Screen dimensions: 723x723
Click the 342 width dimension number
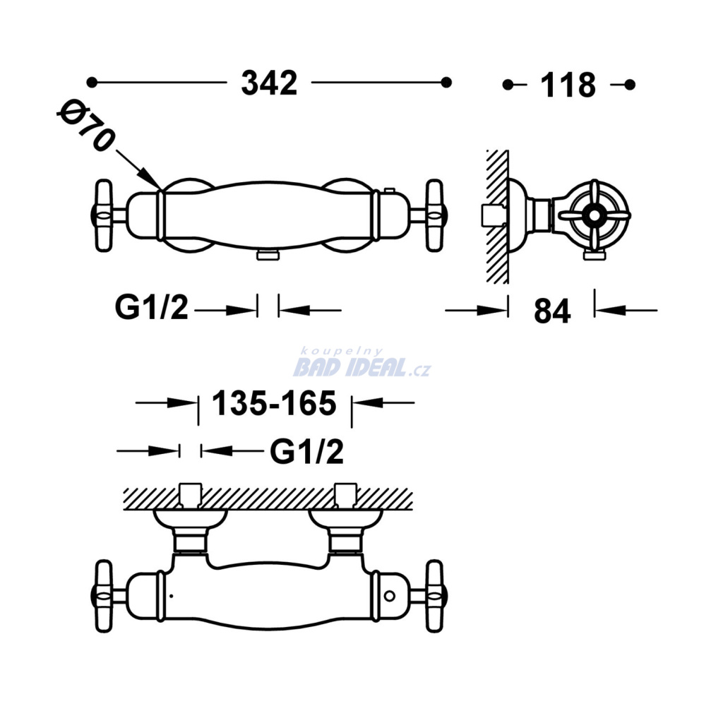[269, 83]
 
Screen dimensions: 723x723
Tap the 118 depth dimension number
[568, 85]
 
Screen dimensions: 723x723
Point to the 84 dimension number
[552, 311]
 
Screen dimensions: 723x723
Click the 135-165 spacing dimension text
[274, 403]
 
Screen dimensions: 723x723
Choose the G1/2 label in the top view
[152, 308]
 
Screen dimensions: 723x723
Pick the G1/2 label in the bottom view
[306, 451]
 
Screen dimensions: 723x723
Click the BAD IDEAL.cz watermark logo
[362, 364]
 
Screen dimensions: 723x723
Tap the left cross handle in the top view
[104, 216]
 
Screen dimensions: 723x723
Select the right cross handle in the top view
[434, 216]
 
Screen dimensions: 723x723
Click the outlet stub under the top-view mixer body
[268, 255]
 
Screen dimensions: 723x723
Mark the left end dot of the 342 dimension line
[92, 83]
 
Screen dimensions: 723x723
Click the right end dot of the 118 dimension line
[630, 85]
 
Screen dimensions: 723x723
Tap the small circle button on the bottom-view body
[390, 596]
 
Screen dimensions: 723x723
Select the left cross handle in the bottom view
[104, 596]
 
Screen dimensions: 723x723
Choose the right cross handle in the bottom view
[434, 596]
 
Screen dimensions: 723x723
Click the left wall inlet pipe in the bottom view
[191, 496]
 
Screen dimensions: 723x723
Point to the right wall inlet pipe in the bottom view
[345, 496]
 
